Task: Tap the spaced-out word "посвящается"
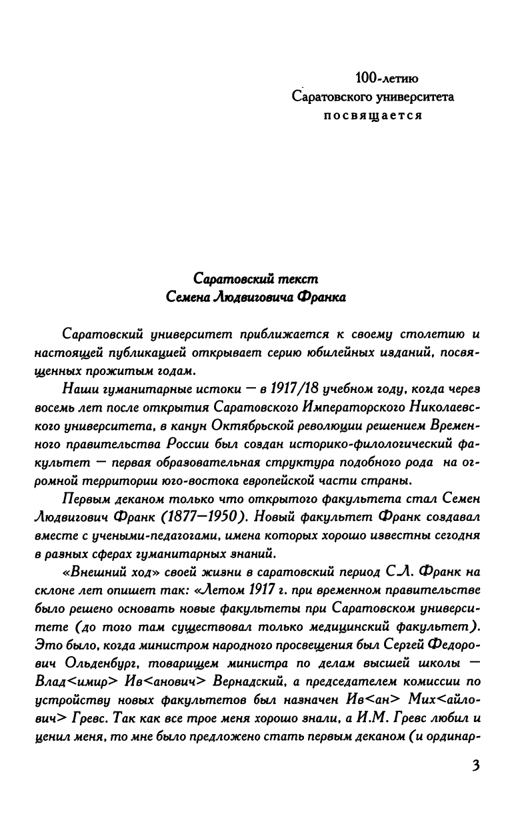(373, 115)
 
